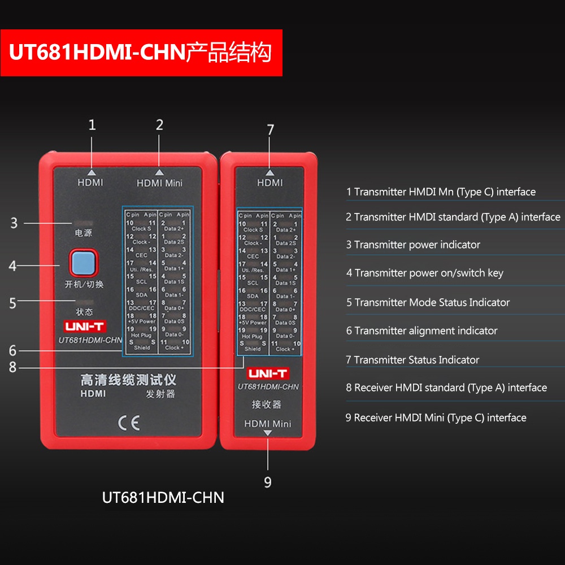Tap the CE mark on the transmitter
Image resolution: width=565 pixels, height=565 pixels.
click(x=128, y=422)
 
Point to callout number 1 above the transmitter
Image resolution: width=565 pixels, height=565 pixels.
click(x=92, y=125)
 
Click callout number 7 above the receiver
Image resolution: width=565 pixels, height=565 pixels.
click(x=270, y=129)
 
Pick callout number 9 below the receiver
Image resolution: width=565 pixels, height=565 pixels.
click(x=268, y=482)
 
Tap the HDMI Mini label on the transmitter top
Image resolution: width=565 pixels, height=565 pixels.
click(x=159, y=183)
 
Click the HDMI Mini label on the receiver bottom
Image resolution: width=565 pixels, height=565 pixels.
click(x=268, y=423)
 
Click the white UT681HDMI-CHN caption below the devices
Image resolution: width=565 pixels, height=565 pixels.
click(x=163, y=498)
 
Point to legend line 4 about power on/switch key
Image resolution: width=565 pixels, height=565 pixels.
click(x=424, y=273)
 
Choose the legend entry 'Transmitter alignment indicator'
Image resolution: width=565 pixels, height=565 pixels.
click(x=421, y=331)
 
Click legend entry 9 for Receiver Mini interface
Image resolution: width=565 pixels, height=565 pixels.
click(x=436, y=418)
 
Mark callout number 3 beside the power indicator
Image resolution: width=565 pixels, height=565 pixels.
click(x=14, y=223)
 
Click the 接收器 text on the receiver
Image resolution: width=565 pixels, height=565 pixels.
click(x=266, y=405)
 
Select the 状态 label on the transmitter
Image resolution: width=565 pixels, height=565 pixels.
click(x=83, y=312)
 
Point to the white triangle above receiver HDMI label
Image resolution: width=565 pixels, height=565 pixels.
click(x=270, y=172)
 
